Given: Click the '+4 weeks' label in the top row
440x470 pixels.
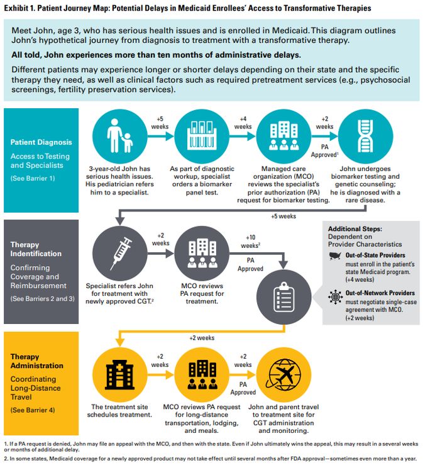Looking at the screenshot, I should click(x=243, y=121).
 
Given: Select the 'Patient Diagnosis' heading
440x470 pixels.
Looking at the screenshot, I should click(x=41, y=143).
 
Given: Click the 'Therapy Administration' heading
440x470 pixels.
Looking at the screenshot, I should click(x=36, y=361).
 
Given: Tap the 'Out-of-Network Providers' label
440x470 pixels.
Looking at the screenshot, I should click(x=380, y=293).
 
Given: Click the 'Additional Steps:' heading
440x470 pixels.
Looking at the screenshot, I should click(x=356, y=230).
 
